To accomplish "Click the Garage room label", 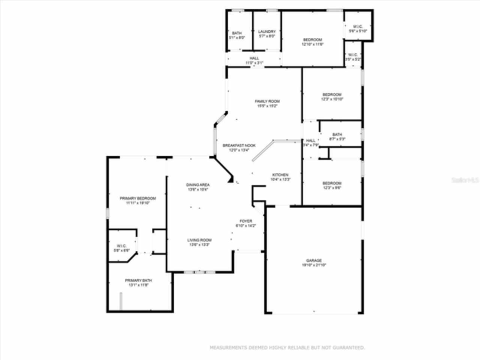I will click(314, 261).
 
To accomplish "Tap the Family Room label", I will click(267, 101).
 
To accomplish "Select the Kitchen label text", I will click(280, 175).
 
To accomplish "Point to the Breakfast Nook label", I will click(239, 145).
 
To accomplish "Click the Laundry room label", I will click(267, 32).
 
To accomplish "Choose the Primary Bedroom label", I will click(138, 198).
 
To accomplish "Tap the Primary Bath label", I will click(138, 280).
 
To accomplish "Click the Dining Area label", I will click(198, 185).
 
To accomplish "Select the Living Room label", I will click(199, 240).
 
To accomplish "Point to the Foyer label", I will click(246, 221).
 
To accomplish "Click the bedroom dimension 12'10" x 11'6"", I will click(312, 44).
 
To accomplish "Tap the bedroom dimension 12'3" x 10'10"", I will click(332, 99).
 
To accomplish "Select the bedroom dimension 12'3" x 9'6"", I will click(332, 188).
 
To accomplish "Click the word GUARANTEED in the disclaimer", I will click(349, 348).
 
